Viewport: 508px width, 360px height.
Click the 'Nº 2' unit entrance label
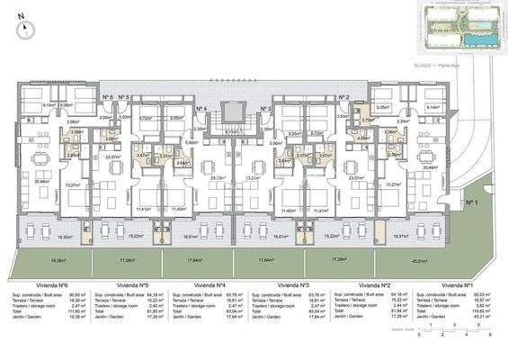point(343,97)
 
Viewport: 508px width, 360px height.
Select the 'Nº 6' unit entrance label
point(107,96)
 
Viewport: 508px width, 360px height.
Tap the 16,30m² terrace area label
point(39,238)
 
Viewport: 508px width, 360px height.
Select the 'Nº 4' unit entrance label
point(201,108)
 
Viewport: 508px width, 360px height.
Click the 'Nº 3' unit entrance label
point(265,108)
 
